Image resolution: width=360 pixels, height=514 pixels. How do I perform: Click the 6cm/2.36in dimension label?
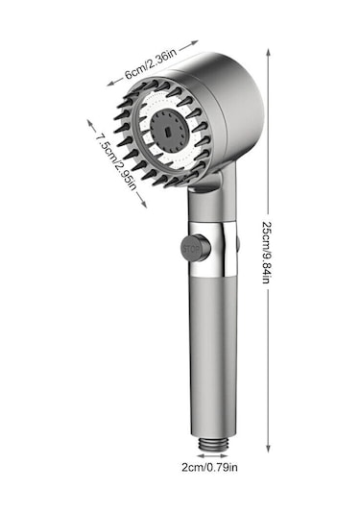[151, 64]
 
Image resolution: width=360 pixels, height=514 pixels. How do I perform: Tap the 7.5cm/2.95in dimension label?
[116, 162]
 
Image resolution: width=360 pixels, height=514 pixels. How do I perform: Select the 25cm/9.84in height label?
[268, 252]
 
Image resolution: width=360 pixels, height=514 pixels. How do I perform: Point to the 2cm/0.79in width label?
[209, 467]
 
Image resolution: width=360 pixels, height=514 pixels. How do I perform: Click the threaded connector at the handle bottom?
[212, 445]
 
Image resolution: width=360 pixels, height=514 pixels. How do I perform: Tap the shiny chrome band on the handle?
[212, 249]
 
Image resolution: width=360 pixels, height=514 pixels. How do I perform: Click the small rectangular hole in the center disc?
[168, 133]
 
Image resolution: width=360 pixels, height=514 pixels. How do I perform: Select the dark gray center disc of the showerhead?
[170, 131]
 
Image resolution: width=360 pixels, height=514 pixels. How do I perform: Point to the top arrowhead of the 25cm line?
[268, 53]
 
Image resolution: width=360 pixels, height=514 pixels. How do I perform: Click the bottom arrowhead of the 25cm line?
[268, 449]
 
